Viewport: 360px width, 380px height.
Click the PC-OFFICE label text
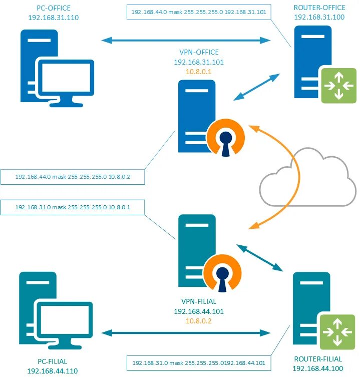click(54, 9)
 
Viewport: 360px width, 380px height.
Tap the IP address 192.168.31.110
click(54, 18)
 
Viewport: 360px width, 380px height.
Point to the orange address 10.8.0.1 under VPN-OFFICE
click(198, 72)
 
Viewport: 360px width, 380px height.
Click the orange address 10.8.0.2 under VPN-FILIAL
click(199, 321)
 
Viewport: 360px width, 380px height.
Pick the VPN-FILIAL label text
click(199, 302)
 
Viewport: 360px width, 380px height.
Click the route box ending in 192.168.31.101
click(198, 12)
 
